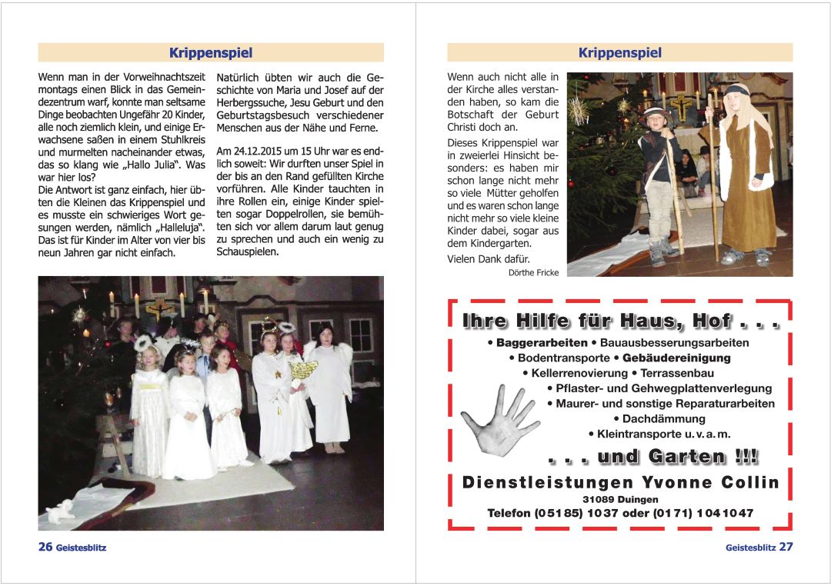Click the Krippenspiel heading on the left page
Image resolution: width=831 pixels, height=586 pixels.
[211, 53]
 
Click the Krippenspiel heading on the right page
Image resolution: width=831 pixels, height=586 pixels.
[619, 53]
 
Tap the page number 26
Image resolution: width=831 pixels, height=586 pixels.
[45, 547]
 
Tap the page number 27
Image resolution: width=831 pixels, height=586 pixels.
[786, 547]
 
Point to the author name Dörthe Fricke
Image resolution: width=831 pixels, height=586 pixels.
[533, 272]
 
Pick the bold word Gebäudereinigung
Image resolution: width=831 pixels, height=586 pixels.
[676, 358]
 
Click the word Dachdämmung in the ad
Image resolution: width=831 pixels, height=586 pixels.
[663, 418]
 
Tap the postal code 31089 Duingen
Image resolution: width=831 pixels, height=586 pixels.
[620, 499]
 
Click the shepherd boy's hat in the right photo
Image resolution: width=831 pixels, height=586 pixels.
[656, 115]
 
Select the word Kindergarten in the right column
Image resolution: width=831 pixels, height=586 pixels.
[489, 244]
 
